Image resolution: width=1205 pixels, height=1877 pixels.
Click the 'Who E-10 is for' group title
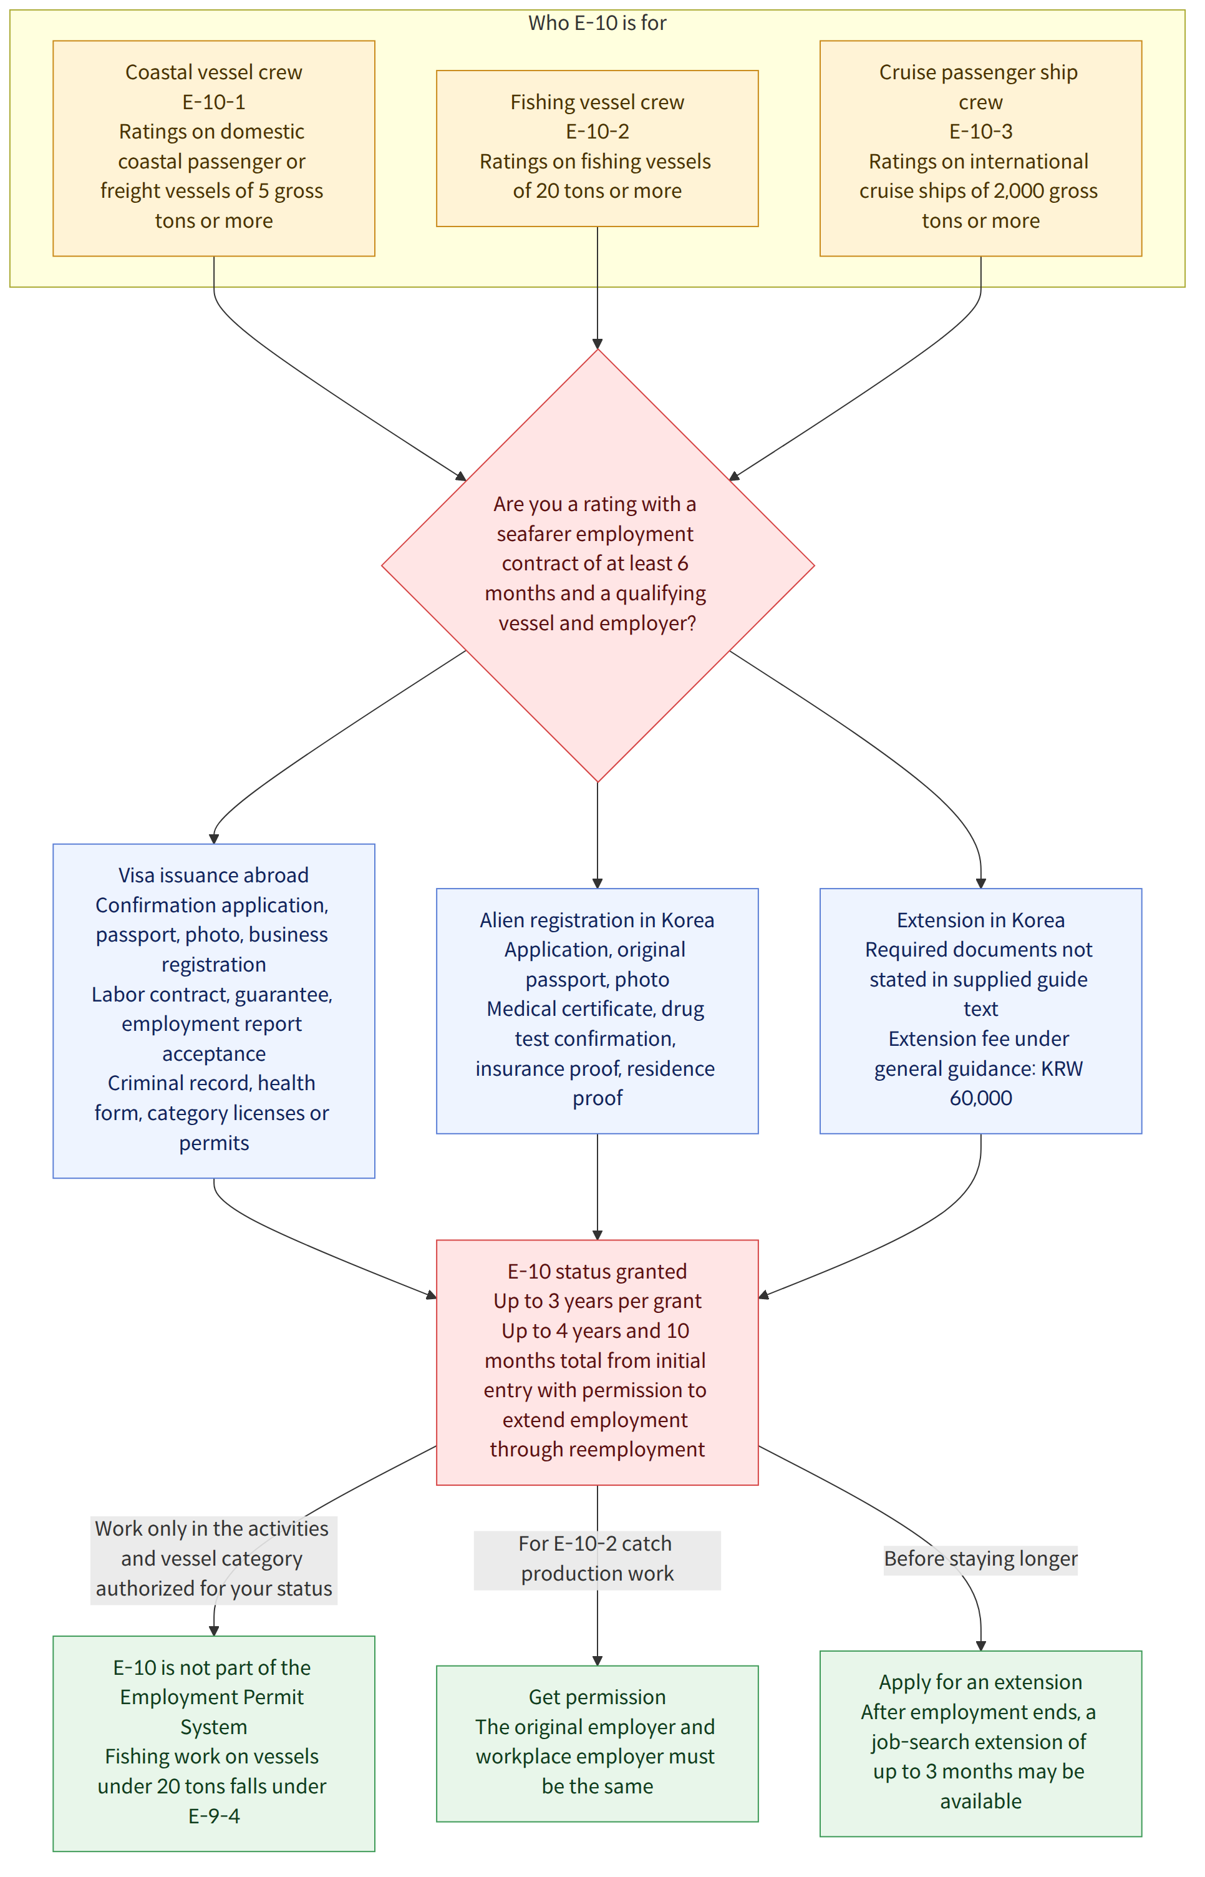[597, 22]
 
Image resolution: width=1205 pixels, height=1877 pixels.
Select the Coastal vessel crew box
[213, 149]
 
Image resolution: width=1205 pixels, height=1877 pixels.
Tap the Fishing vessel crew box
[597, 149]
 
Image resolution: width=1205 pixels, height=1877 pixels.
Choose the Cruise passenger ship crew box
[980, 149]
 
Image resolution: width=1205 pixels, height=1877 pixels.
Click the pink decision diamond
[598, 565]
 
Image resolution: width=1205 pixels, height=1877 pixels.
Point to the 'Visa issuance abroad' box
[213, 1010]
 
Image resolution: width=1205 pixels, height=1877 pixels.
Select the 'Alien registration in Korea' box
[597, 1010]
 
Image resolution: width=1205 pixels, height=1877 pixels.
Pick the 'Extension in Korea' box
[980, 1010]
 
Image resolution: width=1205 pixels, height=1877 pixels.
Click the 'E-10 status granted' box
[597, 1362]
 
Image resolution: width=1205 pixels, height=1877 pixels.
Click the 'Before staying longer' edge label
[980, 1558]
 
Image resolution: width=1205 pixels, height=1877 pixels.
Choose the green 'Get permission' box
[597, 1743]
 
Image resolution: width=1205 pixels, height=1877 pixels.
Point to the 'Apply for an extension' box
[980, 1743]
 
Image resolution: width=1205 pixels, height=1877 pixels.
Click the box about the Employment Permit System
[213, 1743]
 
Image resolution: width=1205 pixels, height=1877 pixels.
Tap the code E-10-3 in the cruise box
[980, 132]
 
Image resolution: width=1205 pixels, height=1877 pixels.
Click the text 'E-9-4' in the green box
[213, 1816]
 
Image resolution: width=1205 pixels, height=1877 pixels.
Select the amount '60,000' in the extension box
[980, 1098]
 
